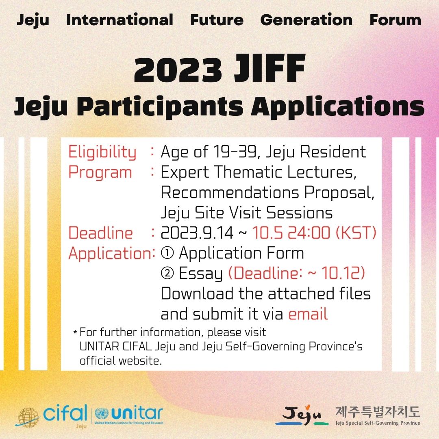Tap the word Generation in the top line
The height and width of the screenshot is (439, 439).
(306, 20)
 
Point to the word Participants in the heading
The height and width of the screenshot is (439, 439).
(160, 106)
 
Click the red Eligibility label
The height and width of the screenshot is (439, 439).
(102, 152)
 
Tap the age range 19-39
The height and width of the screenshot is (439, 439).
(235, 152)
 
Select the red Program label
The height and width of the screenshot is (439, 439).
(100, 172)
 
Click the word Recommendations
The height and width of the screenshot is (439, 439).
(230, 192)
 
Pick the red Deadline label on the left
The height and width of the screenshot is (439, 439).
(100, 233)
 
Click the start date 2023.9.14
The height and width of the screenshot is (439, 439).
(197, 233)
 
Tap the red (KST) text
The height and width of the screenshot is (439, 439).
(356, 233)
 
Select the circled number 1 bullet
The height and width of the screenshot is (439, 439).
(167, 253)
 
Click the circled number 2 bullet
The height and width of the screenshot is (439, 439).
(167, 273)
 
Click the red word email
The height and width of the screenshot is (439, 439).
(308, 314)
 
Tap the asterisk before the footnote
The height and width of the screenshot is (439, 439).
(75, 333)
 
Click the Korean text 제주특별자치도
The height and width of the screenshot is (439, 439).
(378, 411)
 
